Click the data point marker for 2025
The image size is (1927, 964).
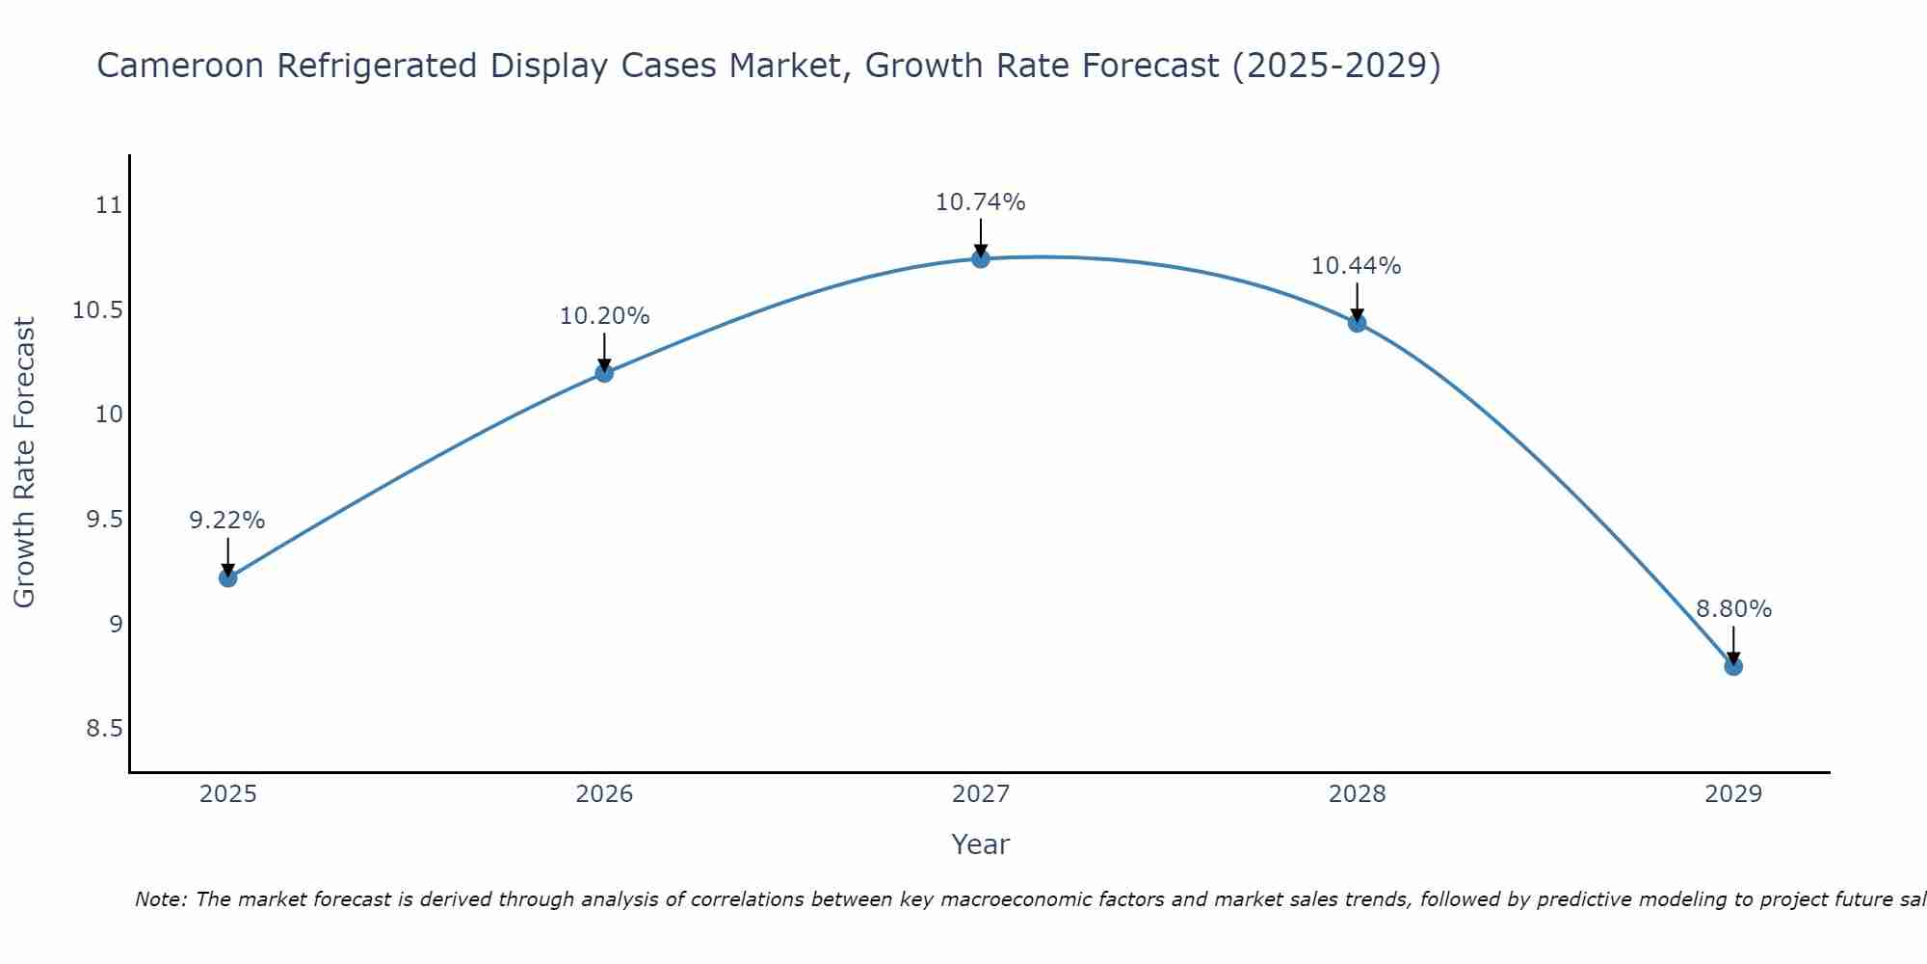point(228,577)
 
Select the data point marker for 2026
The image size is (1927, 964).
point(604,373)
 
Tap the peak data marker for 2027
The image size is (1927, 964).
point(981,258)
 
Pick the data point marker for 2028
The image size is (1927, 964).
point(1357,323)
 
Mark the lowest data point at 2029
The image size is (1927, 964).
point(1733,666)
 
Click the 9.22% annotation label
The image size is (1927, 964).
point(227,521)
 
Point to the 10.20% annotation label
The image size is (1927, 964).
point(604,316)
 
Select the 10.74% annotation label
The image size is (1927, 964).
point(981,202)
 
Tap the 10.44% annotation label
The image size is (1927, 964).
point(1357,266)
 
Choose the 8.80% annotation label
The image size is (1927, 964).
point(1733,609)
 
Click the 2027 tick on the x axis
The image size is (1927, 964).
point(981,794)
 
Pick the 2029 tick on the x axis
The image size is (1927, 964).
point(1733,794)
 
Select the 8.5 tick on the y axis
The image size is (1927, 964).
point(104,729)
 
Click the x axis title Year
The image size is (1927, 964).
point(981,844)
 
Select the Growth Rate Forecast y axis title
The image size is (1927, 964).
point(25,463)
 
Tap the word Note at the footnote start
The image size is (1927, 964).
point(160,899)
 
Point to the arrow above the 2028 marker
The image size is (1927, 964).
point(1357,302)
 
